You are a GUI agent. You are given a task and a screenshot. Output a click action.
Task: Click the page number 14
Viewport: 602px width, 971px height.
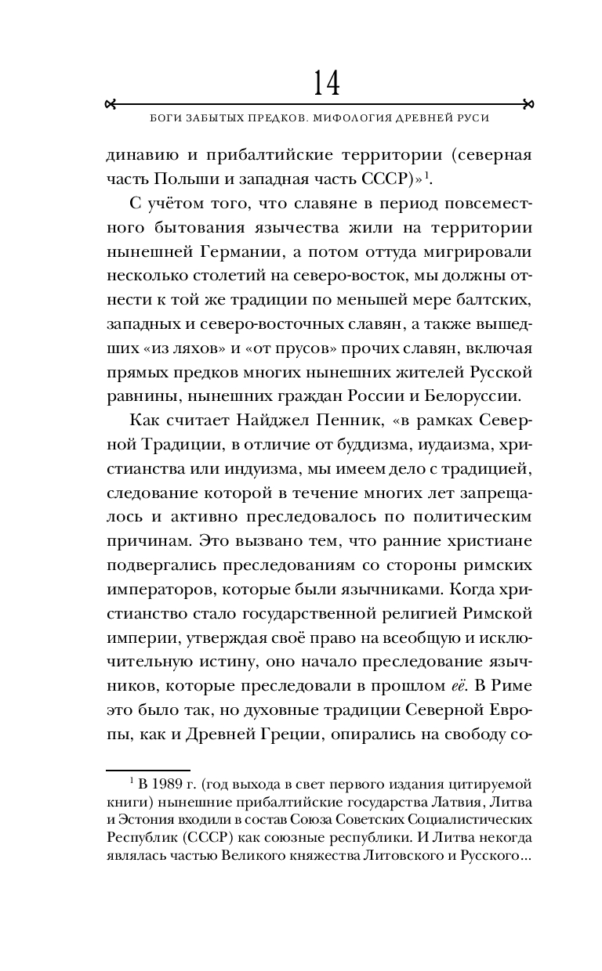click(327, 82)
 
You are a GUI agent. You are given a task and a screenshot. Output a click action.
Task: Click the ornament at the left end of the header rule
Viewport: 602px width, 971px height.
click(111, 103)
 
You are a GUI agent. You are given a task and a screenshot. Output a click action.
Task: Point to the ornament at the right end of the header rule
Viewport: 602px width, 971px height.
click(528, 103)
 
